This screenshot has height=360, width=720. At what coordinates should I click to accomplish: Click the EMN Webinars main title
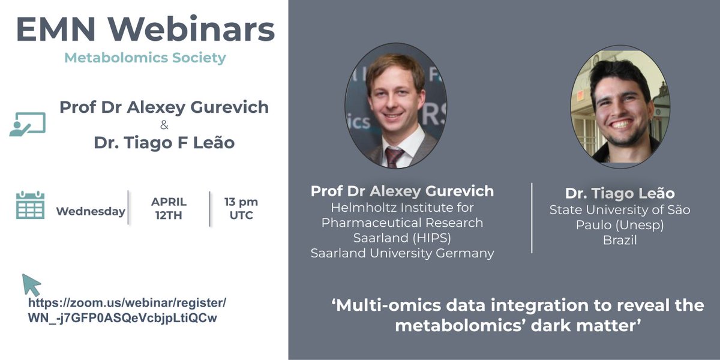pyautogui.click(x=145, y=30)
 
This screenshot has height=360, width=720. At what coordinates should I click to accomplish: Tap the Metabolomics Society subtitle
pyautogui.click(x=145, y=58)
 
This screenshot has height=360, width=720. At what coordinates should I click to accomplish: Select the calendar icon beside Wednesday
pyautogui.click(x=30, y=205)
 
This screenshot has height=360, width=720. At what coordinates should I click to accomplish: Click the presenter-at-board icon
pyautogui.click(x=27, y=124)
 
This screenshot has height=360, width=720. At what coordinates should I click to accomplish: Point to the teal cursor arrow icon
pyautogui.click(x=31, y=284)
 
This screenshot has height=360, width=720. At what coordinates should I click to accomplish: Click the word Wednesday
pyautogui.click(x=91, y=211)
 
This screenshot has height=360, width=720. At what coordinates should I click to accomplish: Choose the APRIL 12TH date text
pyautogui.click(x=169, y=208)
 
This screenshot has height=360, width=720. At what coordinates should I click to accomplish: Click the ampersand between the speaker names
pyautogui.click(x=164, y=127)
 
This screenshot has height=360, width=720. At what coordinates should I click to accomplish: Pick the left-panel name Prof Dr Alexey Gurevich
pyautogui.click(x=164, y=108)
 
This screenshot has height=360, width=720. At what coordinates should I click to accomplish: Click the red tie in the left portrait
pyautogui.click(x=394, y=155)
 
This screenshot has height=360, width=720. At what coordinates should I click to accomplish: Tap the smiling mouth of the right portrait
pyautogui.click(x=620, y=124)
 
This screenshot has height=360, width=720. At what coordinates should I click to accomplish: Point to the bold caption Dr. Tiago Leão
pyautogui.click(x=620, y=193)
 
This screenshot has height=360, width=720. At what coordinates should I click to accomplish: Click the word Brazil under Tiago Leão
pyautogui.click(x=620, y=241)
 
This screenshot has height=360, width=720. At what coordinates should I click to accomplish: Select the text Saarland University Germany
pyautogui.click(x=402, y=253)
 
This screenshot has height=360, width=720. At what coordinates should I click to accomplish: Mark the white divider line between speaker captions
pyautogui.click(x=532, y=217)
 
